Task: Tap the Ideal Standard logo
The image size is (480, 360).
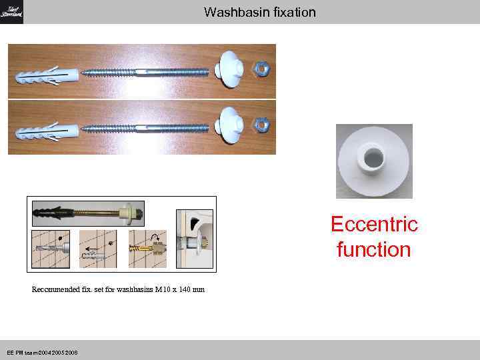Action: tap(11, 12)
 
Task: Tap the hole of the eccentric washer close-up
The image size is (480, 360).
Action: tap(374, 157)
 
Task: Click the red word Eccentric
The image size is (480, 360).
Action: tap(374, 225)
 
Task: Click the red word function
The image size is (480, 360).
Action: tap(374, 250)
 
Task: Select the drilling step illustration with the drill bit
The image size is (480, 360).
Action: tap(50, 249)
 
